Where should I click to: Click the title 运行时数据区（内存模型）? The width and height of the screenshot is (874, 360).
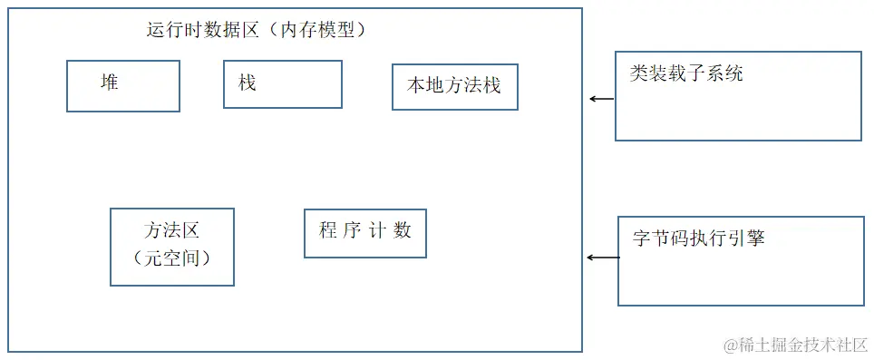coord(257,30)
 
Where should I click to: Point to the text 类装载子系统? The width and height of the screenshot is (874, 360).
coord(686,73)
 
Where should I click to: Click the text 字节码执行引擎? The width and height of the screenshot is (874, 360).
coord(699,238)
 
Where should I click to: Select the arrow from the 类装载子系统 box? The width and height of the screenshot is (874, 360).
coord(602,99)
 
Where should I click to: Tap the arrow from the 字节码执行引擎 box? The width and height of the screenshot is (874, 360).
coord(604,258)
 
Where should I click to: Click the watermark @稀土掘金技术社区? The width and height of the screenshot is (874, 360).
coord(795,345)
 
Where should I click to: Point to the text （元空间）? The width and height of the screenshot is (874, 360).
coord(171,258)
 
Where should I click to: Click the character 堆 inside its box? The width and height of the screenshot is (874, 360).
coord(109,83)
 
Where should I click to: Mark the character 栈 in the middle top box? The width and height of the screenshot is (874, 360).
coord(247,83)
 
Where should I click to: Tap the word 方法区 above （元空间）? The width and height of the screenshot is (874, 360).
coord(171,230)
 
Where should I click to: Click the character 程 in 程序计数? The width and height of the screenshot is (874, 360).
coord(328,230)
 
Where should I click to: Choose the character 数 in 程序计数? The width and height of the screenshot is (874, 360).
coord(402,230)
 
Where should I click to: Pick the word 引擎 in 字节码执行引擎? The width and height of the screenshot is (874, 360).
coord(746,238)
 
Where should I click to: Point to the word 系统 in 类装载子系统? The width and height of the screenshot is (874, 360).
coord(724,73)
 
